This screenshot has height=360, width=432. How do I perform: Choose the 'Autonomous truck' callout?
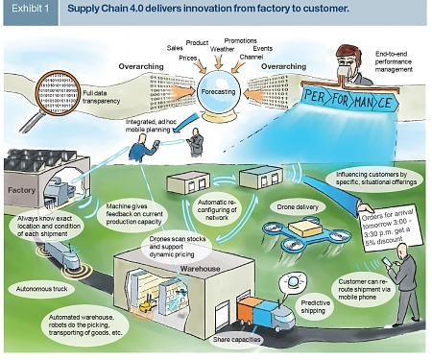point(37,287)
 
